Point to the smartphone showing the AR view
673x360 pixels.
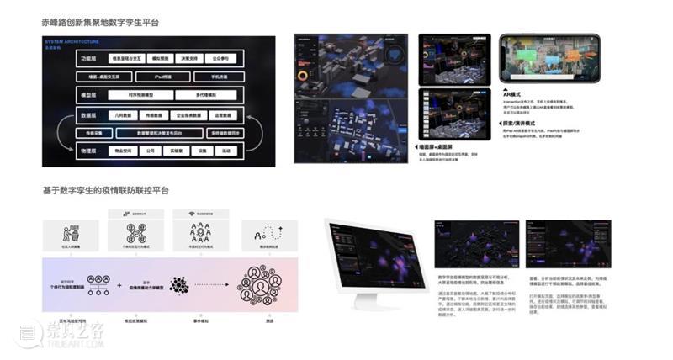[549, 59]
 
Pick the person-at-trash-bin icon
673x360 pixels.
[72, 233]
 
